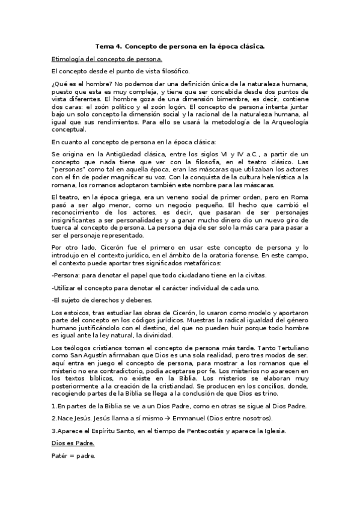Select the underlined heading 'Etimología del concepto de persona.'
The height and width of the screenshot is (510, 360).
[106, 60]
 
